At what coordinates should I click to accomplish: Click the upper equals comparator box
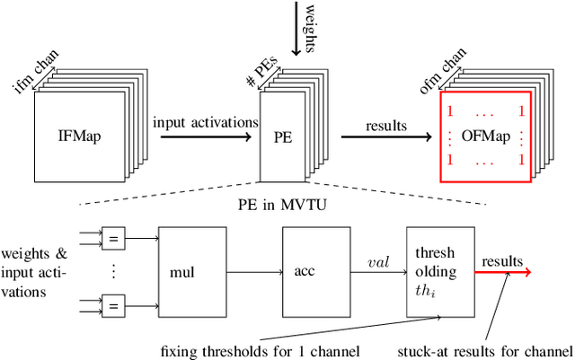(113, 238)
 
